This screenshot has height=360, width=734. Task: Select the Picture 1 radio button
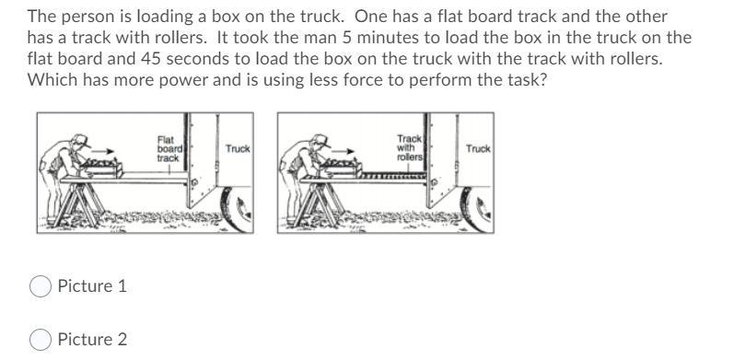41,286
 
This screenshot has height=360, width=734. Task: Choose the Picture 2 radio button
41,340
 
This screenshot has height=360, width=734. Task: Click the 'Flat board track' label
168,149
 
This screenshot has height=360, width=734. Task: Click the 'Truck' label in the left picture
238,149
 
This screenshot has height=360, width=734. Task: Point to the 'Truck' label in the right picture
478,149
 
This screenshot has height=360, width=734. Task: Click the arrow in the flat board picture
103,151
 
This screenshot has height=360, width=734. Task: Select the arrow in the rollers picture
344,151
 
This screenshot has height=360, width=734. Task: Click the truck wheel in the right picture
477,209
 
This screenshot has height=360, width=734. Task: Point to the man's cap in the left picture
81,140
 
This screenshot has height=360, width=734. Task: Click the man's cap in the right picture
321,140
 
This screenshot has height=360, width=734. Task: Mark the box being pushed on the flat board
102,168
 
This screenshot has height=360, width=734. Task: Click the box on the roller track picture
343,168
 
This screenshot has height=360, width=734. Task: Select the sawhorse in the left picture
78,203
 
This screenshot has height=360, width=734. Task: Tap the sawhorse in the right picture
319,203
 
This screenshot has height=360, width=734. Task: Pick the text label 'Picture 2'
92,340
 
